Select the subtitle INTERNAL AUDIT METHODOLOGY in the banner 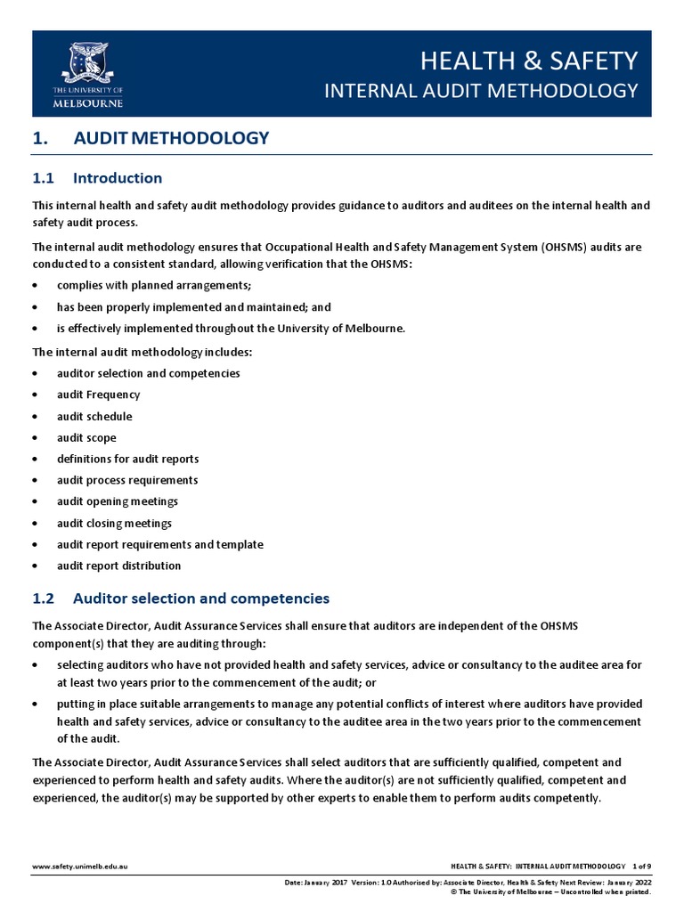coord(480,91)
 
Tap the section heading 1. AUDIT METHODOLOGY coord(151,138)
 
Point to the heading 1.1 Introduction coord(97,178)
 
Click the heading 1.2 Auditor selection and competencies coord(181,598)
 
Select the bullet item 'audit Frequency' coord(98,395)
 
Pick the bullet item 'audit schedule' coord(94,416)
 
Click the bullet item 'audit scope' coord(86,437)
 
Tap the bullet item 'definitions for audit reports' coord(127,459)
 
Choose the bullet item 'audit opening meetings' coord(118,501)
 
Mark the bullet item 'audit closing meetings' coord(114,523)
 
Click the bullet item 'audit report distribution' coord(118,566)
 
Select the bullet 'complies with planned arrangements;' coord(154,285)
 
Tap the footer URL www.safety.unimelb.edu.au coord(80,866)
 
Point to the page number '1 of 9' coord(641,866)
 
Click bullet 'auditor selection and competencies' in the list coord(148,373)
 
